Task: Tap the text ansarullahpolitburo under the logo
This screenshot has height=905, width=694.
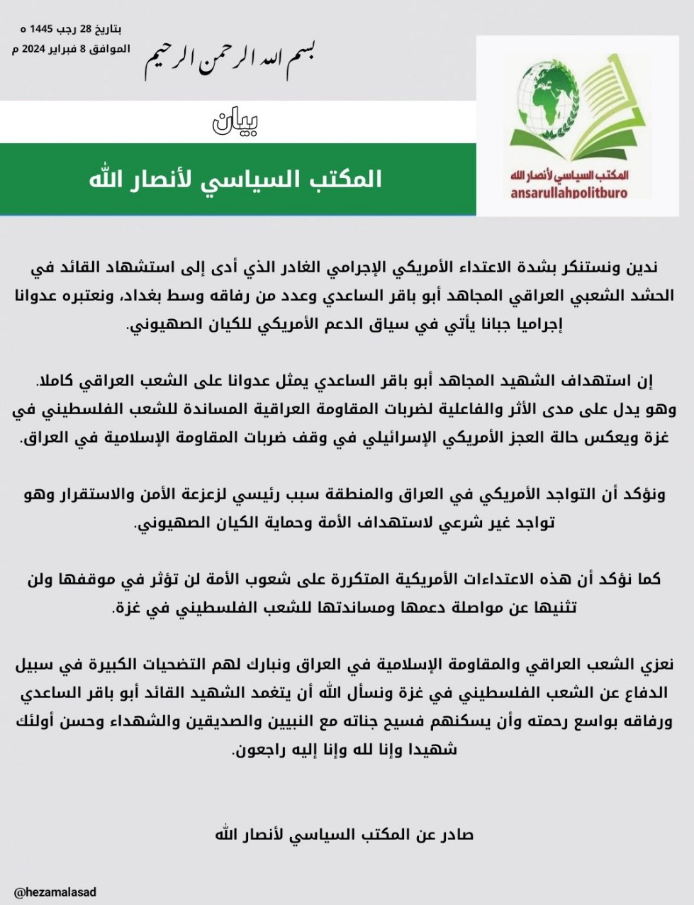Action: (x=569, y=192)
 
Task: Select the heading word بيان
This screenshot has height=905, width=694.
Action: (x=236, y=122)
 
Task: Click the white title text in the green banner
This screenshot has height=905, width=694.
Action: (x=235, y=179)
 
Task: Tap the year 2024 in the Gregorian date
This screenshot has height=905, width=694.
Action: (x=34, y=49)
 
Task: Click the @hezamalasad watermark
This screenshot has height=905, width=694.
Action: (x=55, y=892)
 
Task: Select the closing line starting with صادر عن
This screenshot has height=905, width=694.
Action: (x=345, y=833)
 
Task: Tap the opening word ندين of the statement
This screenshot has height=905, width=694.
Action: (x=642, y=267)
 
